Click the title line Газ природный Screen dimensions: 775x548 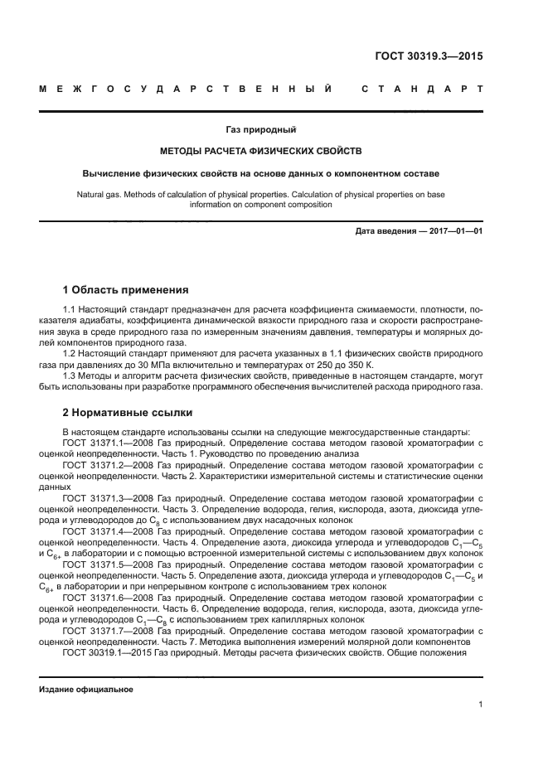coord(261,129)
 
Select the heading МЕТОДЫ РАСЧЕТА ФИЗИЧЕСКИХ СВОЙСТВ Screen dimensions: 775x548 coord(261,152)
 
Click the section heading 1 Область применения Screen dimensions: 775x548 coord(125,290)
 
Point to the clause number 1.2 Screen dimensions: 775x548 coord(69,353)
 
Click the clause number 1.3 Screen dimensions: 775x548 coord(69,375)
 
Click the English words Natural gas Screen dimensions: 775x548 coord(99,195)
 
